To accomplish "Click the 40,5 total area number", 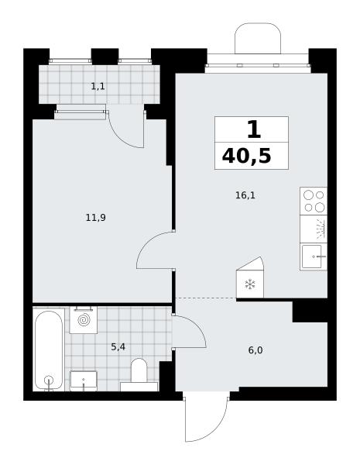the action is [x=246, y=157].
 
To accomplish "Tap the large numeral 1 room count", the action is [x=254, y=129].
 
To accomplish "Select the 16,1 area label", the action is [x=245, y=196].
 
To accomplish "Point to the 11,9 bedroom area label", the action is [x=96, y=219].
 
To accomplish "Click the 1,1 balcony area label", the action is [x=98, y=87].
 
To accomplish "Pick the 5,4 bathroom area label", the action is [x=118, y=346].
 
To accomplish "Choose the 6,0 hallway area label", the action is [x=255, y=350].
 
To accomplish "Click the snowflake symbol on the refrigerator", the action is [x=250, y=284].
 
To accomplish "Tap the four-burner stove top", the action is [x=314, y=201].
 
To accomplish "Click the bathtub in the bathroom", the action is [x=49, y=350].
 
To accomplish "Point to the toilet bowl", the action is [x=139, y=370].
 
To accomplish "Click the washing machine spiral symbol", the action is [x=84, y=320].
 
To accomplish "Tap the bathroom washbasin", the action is [x=84, y=381].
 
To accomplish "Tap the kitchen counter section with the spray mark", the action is [x=314, y=229].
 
